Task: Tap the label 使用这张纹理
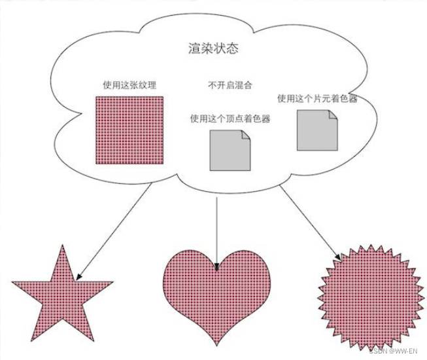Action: pyautogui.click(x=129, y=84)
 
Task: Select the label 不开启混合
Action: pyautogui.click(x=230, y=84)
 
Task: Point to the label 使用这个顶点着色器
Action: pyautogui.click(x=230, y=118)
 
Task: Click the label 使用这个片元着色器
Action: pyautogui.click(x=316, y=99)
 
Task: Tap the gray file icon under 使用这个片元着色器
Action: pyautogui.click(x=316, y=130)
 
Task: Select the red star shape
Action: pyautogui.click(x=62, y=295)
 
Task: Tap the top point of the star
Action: pyautogui.click(x=63, y=246)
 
